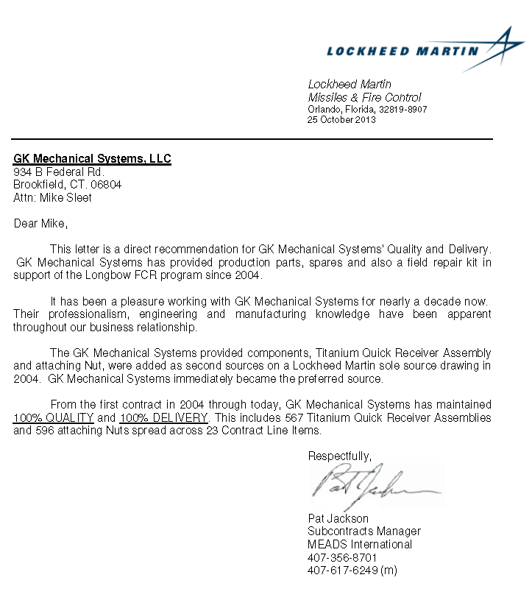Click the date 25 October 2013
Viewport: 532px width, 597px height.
click(341, 119)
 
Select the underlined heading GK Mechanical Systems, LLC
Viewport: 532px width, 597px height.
click(92, 159)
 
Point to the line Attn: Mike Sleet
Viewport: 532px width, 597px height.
click(52, 197)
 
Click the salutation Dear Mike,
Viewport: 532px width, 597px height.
click(40, 223)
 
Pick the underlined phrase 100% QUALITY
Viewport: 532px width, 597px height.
click(54, 417)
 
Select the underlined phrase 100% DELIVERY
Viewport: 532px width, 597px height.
click(164, 417)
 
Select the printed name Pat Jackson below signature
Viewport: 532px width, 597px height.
click(338, 518)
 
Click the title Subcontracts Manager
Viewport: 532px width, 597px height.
click(364, 531)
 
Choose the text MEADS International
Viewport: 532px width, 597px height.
click(360, 544)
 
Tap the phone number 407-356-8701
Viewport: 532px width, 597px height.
click(342, 557)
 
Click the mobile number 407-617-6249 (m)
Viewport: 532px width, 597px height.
click(352, 570)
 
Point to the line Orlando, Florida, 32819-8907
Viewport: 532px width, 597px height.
click(367, 109)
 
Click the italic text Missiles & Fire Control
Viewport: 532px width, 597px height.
click(364, 97)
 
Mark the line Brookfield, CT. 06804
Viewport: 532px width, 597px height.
click(68, 185)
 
